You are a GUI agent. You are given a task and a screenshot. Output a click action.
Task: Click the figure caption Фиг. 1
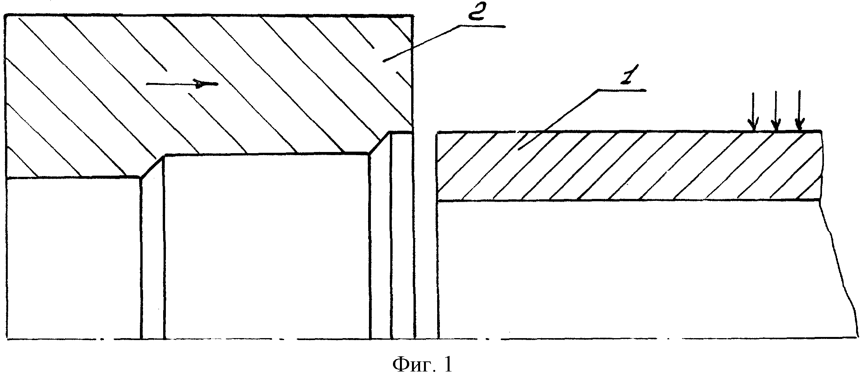(x=422, y=365)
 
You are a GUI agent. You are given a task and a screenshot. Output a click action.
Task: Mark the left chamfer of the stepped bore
(x=152, y=167)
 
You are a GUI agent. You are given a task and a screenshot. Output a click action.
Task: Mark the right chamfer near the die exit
(x=379, y=143)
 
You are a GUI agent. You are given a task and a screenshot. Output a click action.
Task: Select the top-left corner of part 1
(x=438, y=133)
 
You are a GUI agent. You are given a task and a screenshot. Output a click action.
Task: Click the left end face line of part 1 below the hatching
(x=438, y=269)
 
